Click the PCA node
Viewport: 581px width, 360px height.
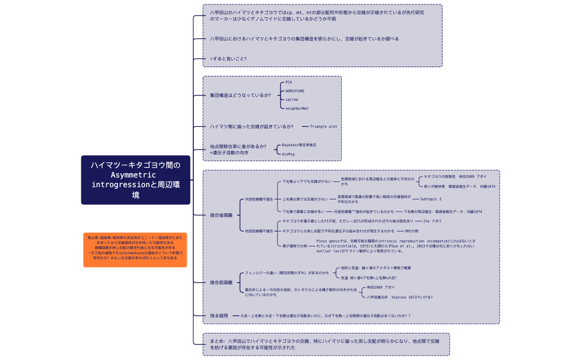(289, 82)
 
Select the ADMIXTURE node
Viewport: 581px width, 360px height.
(295, 91)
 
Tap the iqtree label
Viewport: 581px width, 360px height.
(291, 100)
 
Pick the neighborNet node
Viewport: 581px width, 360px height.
(297, 109)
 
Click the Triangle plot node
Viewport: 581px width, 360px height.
(323, 127)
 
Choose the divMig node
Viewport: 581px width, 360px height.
(288, 154)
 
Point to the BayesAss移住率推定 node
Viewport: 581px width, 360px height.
(299, 145)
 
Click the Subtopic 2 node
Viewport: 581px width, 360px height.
(431, 199)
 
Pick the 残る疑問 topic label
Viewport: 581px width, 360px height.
(219, 316)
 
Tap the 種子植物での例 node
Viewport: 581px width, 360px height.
(295, 245)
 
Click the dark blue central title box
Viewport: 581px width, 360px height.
(136, 180)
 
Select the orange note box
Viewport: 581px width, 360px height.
(135, 250)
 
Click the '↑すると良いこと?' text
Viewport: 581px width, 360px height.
(228, 59)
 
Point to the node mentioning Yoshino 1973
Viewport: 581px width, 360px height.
(399, 297)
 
